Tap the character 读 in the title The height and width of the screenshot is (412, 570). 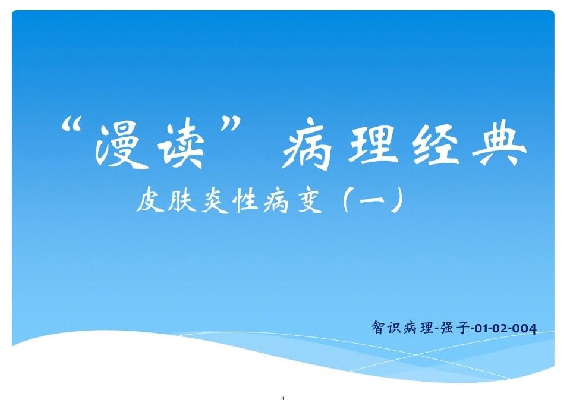(181, 146)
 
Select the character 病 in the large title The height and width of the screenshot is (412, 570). (308, 144)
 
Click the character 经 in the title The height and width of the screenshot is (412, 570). (439, 144)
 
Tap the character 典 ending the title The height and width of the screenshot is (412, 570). (499, 144)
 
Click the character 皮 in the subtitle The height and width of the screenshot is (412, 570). (149, 199)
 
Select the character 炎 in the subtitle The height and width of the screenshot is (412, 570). (215, 199)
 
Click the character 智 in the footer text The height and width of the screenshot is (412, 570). (378, 327)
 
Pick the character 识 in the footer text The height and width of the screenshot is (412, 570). (393, 327)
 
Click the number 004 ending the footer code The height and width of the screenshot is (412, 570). (525, 329)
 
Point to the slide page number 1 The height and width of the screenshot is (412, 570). (283, 398)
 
